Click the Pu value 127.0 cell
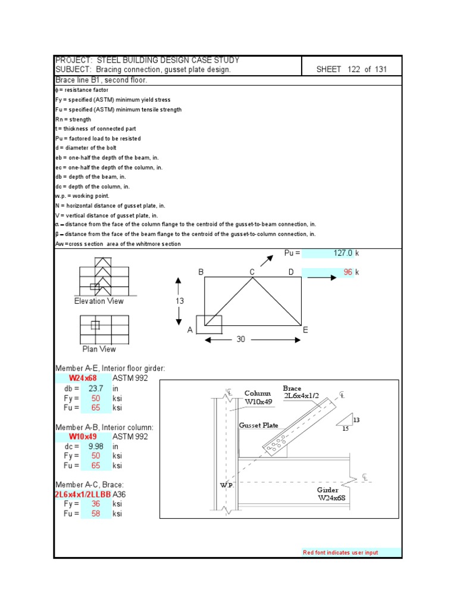coord(342,253)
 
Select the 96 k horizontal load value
coord(348,272)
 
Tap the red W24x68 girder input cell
coord(83,378)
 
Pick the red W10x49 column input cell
coord(83,437)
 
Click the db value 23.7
coord(96,388)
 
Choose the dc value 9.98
coord(96,446)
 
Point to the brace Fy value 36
coord(96,504)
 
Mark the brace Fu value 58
coord(96,513)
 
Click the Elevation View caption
coord(99,301)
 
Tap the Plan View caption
coord(99,349)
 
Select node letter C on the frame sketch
coord(252,272)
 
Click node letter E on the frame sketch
coord(305,329)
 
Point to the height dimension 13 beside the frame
coord(180,301)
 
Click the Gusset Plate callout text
coord(258,425)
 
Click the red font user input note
coord(340,553)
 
